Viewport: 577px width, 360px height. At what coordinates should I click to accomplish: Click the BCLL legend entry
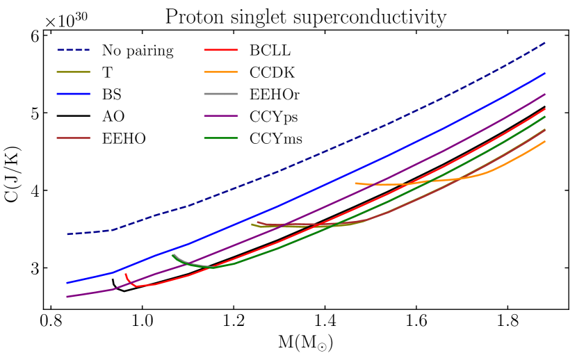(x=270, y=50)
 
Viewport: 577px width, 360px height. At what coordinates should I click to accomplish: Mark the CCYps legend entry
(x=273, y=116)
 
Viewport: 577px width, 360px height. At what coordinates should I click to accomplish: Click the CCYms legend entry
(x=275, y=138)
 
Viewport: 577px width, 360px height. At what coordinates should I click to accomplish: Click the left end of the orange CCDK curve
(x=357, y=183)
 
